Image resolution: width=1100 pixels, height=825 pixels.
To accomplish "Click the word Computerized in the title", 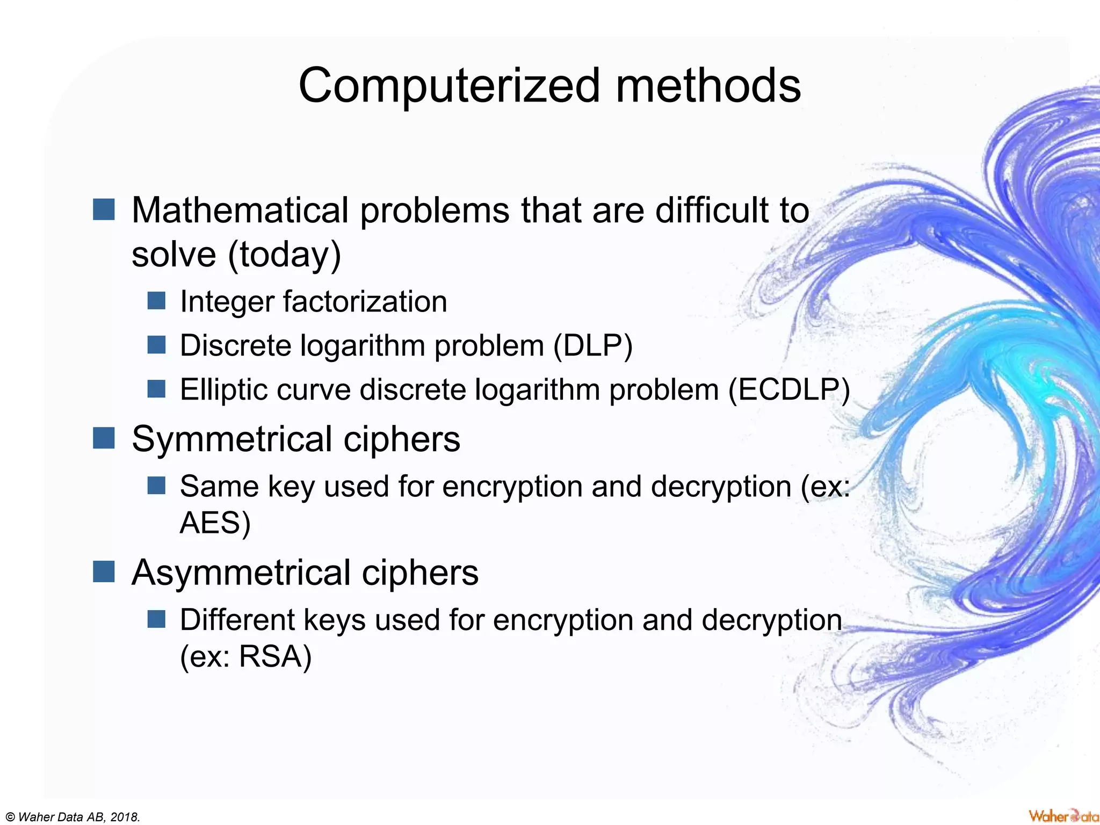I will click(x=448, y=86).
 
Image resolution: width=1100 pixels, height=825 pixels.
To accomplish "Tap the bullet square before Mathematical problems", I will click(x=104, y=209).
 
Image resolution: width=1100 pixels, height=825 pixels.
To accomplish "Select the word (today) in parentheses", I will click(x=285, y=255).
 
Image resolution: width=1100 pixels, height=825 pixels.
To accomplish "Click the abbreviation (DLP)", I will click(x=593, y=345).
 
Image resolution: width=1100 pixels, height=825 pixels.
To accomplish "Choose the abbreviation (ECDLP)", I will click(x=789, y=389).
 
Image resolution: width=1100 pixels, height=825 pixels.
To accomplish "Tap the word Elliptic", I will click(x=224, y=389).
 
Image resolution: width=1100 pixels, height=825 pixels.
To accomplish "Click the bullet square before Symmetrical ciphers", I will click(x=104, y=438).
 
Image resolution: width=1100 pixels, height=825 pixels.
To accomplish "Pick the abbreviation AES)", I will click(x=215, y=523).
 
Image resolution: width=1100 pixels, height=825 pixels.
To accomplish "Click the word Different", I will click(x=237, y=620).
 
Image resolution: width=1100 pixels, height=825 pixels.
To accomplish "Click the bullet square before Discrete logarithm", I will click(x=156, y=345).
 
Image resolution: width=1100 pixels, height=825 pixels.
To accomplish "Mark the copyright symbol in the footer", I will click(x=10, y=817).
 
